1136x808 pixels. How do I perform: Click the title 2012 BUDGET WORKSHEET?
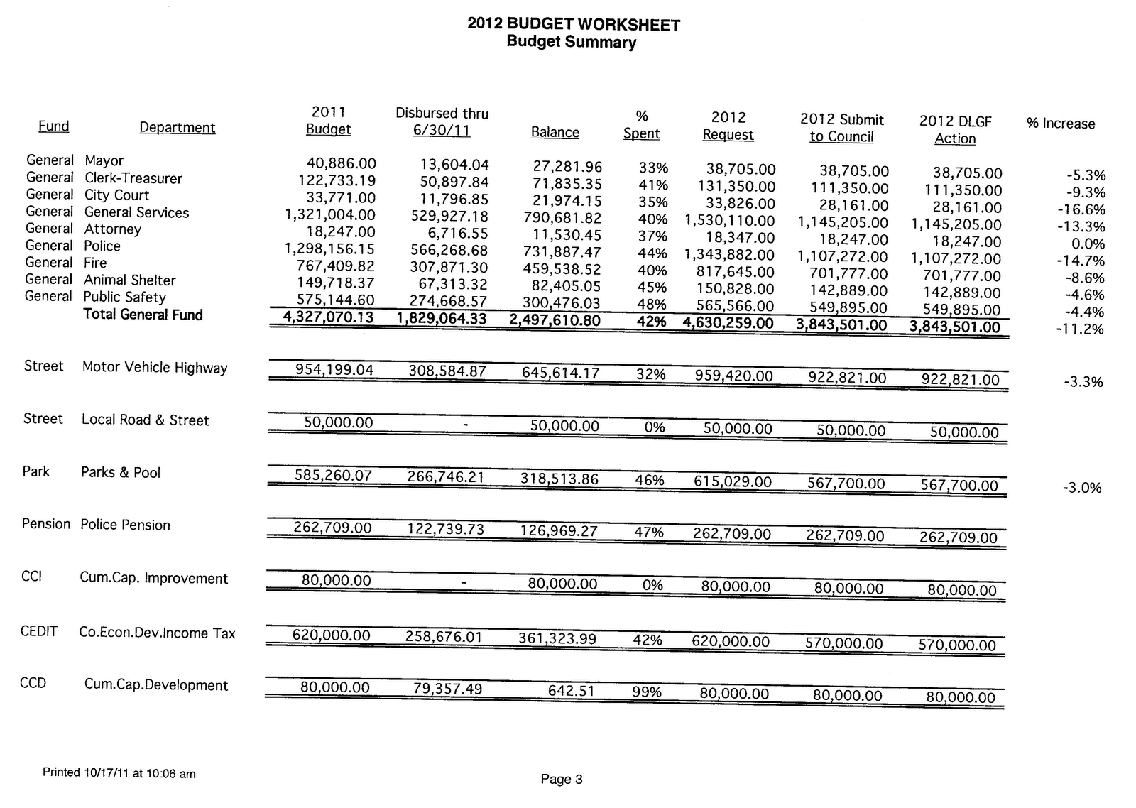573,24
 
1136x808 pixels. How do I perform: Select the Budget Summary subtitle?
571,42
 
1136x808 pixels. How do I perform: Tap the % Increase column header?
1060,124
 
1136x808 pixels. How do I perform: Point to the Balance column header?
555,133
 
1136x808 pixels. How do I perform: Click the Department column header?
177,128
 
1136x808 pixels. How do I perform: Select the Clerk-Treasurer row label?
133,178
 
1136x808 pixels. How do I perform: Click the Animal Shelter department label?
129,280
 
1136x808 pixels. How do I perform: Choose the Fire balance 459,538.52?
562,269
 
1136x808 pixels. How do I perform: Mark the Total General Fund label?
143,315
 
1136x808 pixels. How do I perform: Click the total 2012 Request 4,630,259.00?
728,324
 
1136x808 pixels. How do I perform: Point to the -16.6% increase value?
1086,209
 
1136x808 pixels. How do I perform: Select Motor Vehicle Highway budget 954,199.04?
334,370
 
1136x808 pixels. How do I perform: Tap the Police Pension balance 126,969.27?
559,531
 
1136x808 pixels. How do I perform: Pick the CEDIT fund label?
39,631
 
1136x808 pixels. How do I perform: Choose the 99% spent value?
647,692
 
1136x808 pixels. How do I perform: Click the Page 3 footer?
561,779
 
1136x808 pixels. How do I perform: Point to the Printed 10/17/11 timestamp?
119,773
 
